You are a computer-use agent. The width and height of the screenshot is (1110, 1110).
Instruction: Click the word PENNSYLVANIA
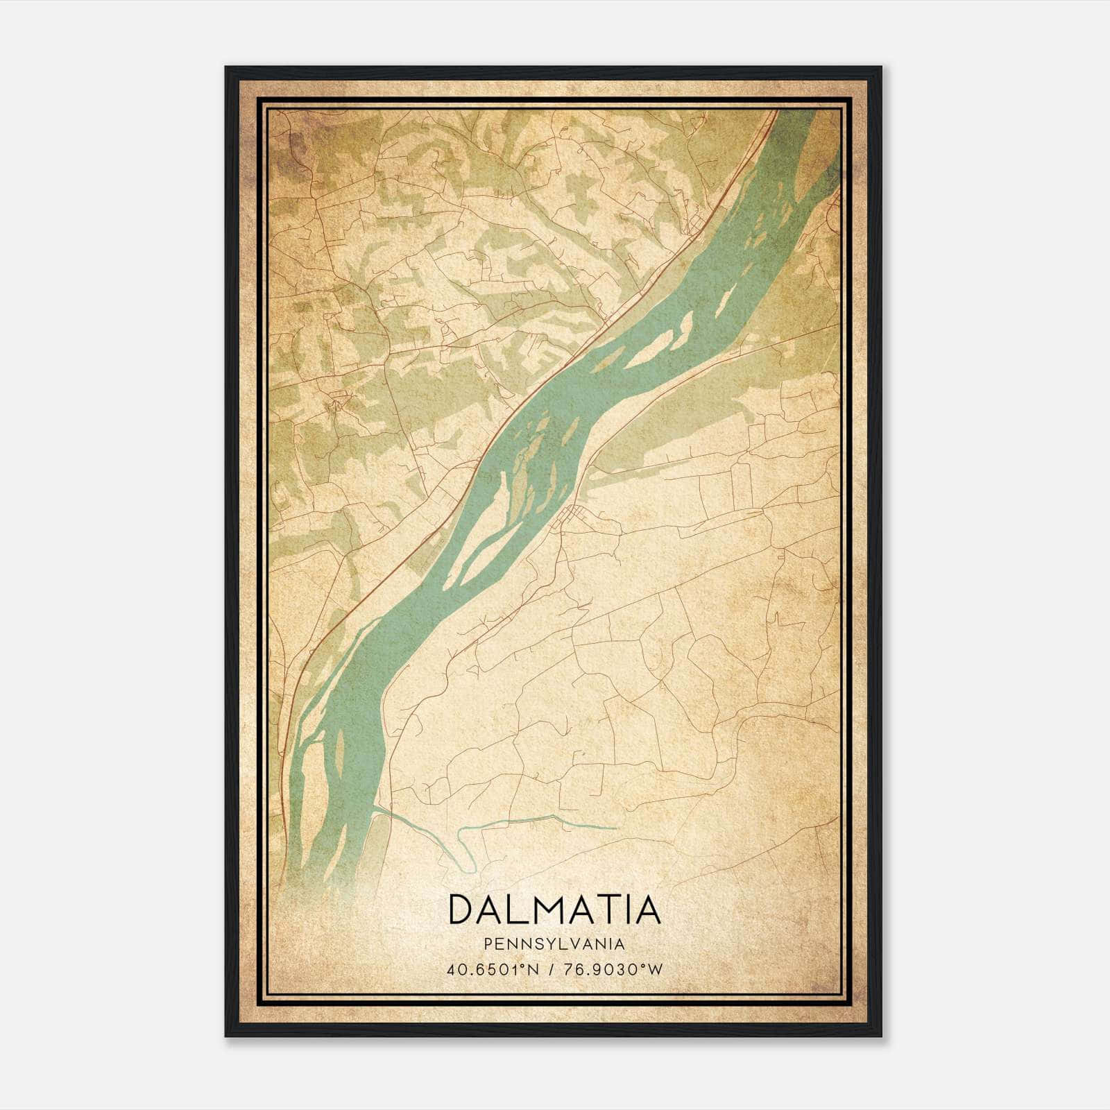[x=554, y=944]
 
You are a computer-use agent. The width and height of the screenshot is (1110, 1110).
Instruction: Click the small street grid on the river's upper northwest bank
[x=696, y=224]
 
